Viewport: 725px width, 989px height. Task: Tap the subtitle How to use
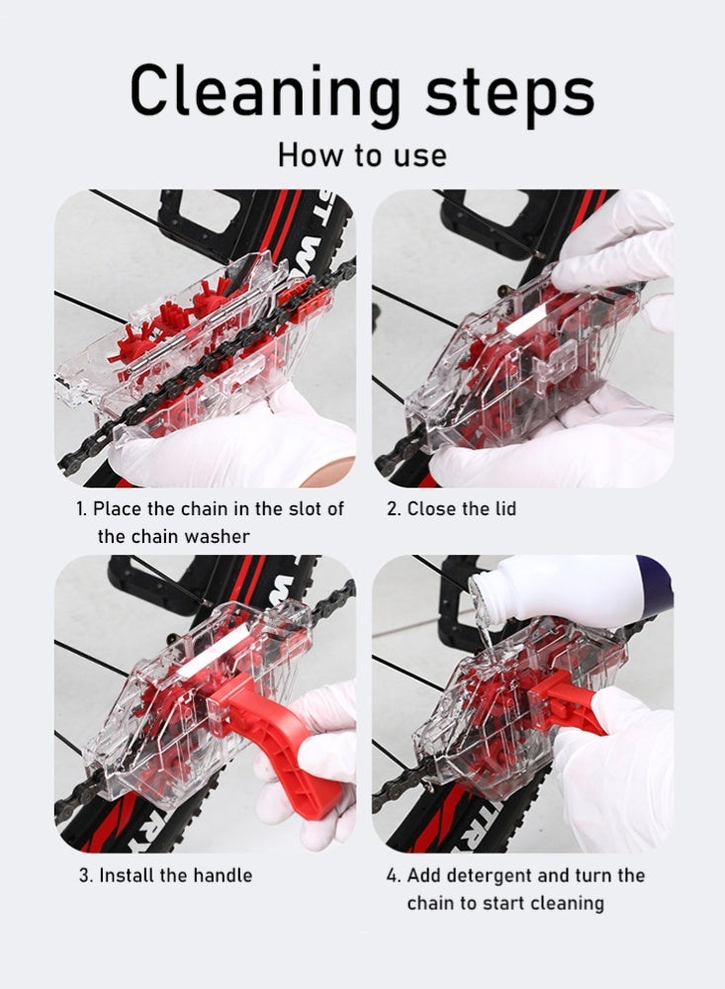(x=362, y=155)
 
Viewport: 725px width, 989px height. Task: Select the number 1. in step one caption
(x=82, y=509)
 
